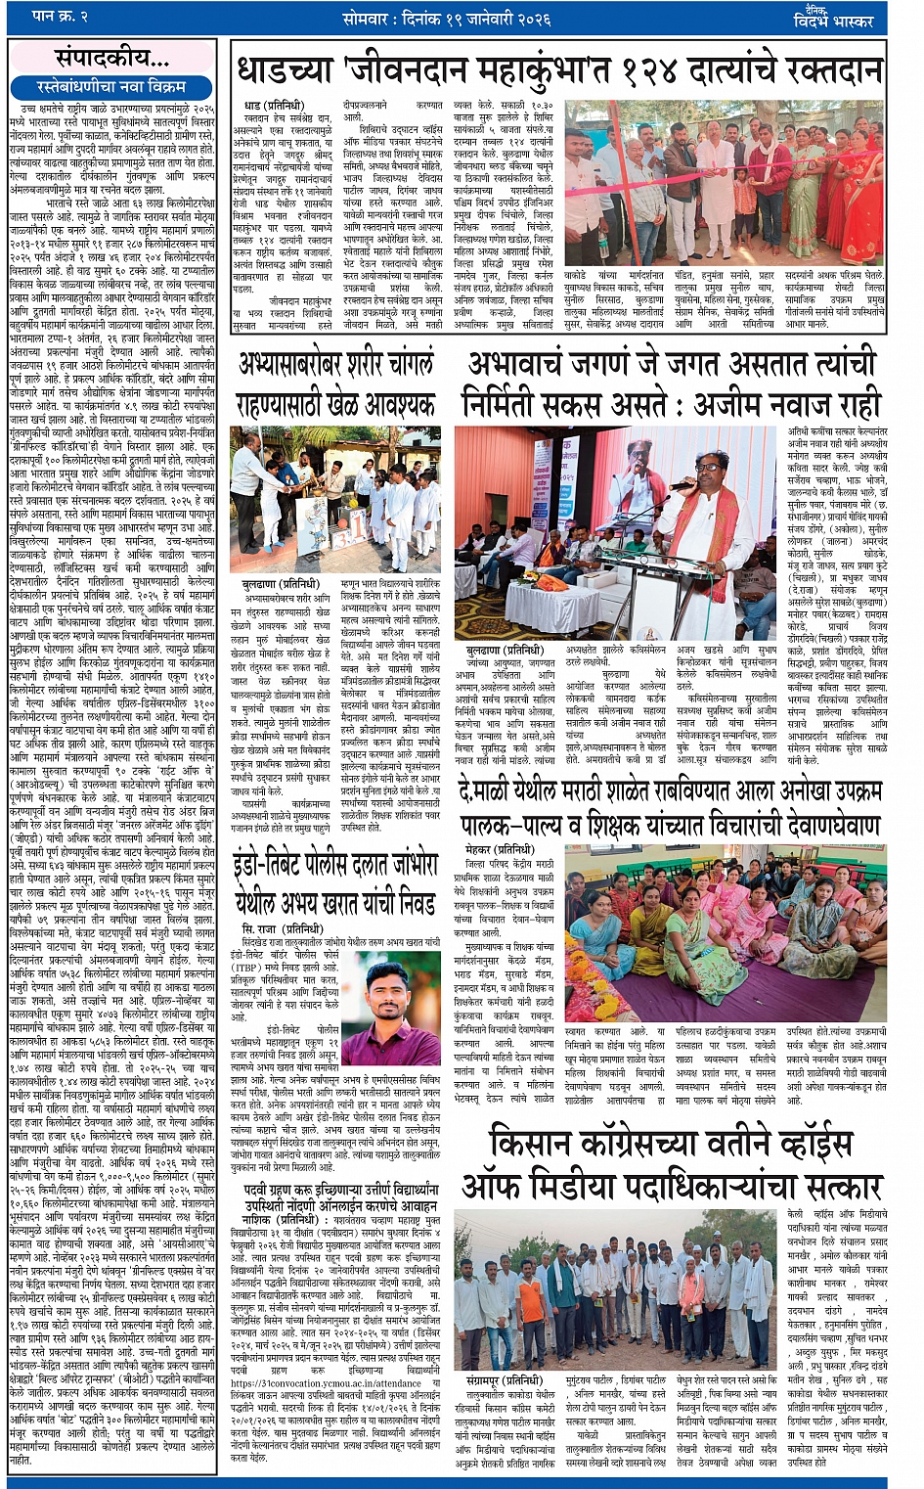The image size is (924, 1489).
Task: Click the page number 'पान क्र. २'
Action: pos(60,17)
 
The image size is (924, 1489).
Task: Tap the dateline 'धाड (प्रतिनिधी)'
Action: pos(273,106)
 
